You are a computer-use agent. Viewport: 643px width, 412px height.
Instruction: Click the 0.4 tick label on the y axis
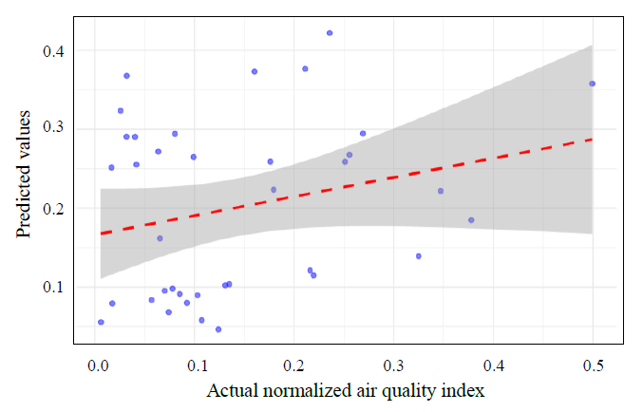pos(53,50)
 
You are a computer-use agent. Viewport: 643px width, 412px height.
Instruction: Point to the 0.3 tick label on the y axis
pos(53,129)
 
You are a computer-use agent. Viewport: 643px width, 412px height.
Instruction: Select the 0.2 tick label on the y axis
pos(53,208)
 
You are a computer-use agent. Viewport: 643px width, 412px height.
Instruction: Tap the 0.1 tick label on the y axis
pos(53,287)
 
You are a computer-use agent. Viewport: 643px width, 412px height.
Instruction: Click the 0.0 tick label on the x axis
pos(97,365)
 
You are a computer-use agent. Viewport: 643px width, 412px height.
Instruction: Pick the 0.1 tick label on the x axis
pos(197,365)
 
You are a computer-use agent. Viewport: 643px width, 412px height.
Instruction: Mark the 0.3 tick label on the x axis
pos(394,365)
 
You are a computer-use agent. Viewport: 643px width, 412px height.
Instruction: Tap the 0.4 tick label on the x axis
pos(494,365)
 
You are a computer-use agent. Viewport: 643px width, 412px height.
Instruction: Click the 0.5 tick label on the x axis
pos(593,365)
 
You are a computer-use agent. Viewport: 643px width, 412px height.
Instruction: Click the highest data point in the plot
pos(330,33)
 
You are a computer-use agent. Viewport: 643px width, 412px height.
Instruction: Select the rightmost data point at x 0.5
pos(592,84)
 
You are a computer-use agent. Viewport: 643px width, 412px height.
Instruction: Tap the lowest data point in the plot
pos(218,329)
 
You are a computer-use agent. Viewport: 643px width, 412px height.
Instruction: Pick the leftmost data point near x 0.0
pos(101,322)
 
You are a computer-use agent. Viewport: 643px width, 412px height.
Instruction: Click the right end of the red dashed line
pos(592,140)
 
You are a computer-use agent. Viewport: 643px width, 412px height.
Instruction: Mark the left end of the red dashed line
pos(101,233)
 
